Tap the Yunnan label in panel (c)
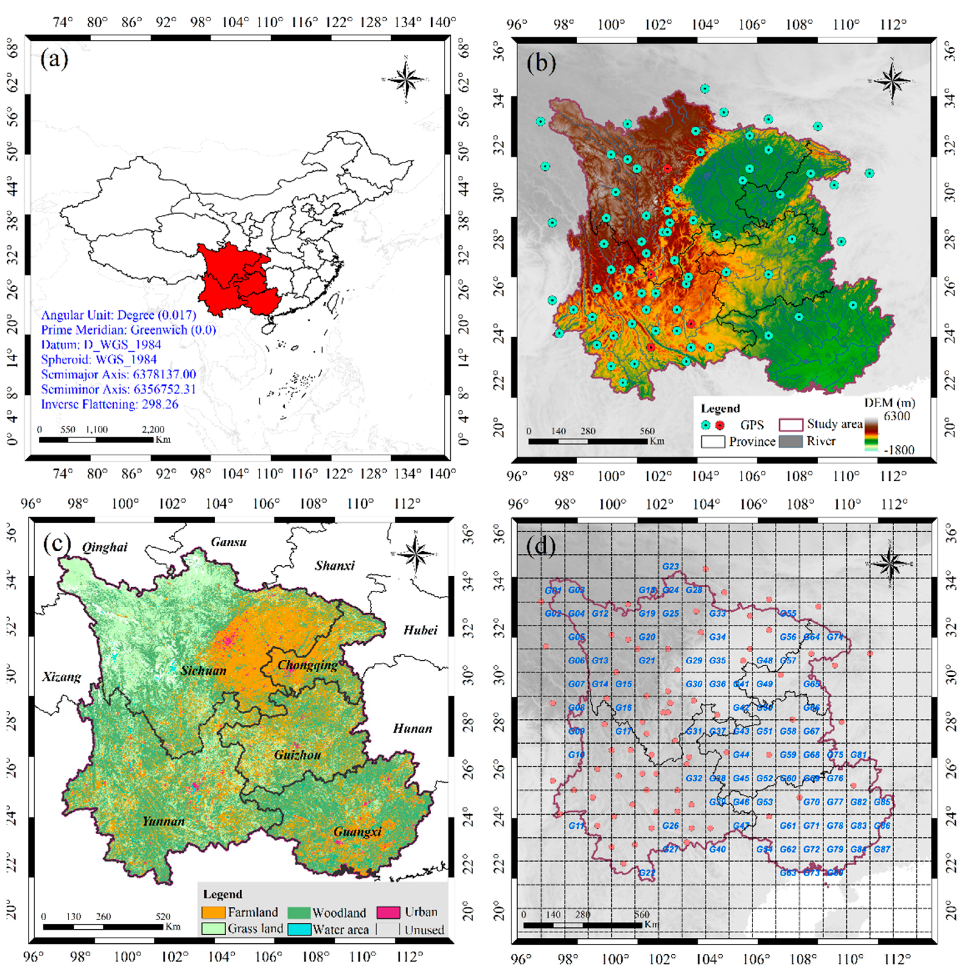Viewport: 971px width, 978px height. click(163, 821)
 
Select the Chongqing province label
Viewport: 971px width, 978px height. click(308, 665)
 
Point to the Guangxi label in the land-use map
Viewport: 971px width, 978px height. click(357, 832)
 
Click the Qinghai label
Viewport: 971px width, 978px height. click(105, 547)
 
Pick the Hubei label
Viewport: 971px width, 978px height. click(420, 630)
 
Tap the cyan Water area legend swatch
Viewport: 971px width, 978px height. click(299, 929)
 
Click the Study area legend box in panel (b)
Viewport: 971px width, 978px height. click(790, 424)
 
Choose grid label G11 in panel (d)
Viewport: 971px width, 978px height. click(576, 826)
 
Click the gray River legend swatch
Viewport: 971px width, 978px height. click(790, 441)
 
